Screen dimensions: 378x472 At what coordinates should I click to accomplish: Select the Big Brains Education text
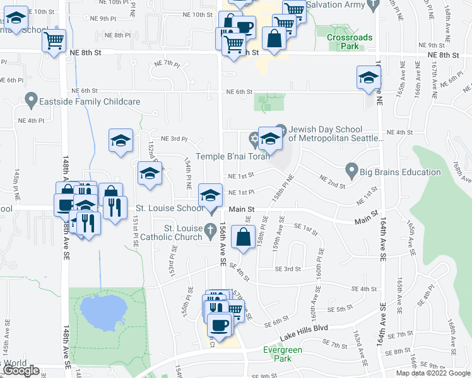[x=386, y=170]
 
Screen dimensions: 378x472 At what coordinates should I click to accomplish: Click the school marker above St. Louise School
[x=210, y=194]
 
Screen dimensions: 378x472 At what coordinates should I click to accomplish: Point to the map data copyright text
[x=432, y=373]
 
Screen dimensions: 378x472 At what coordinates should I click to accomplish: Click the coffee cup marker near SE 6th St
[x=219, y=324]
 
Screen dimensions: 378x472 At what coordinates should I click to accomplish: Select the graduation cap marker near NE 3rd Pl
[x=121, y=140]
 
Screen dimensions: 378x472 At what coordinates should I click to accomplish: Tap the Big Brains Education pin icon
[x=351, y=170]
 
